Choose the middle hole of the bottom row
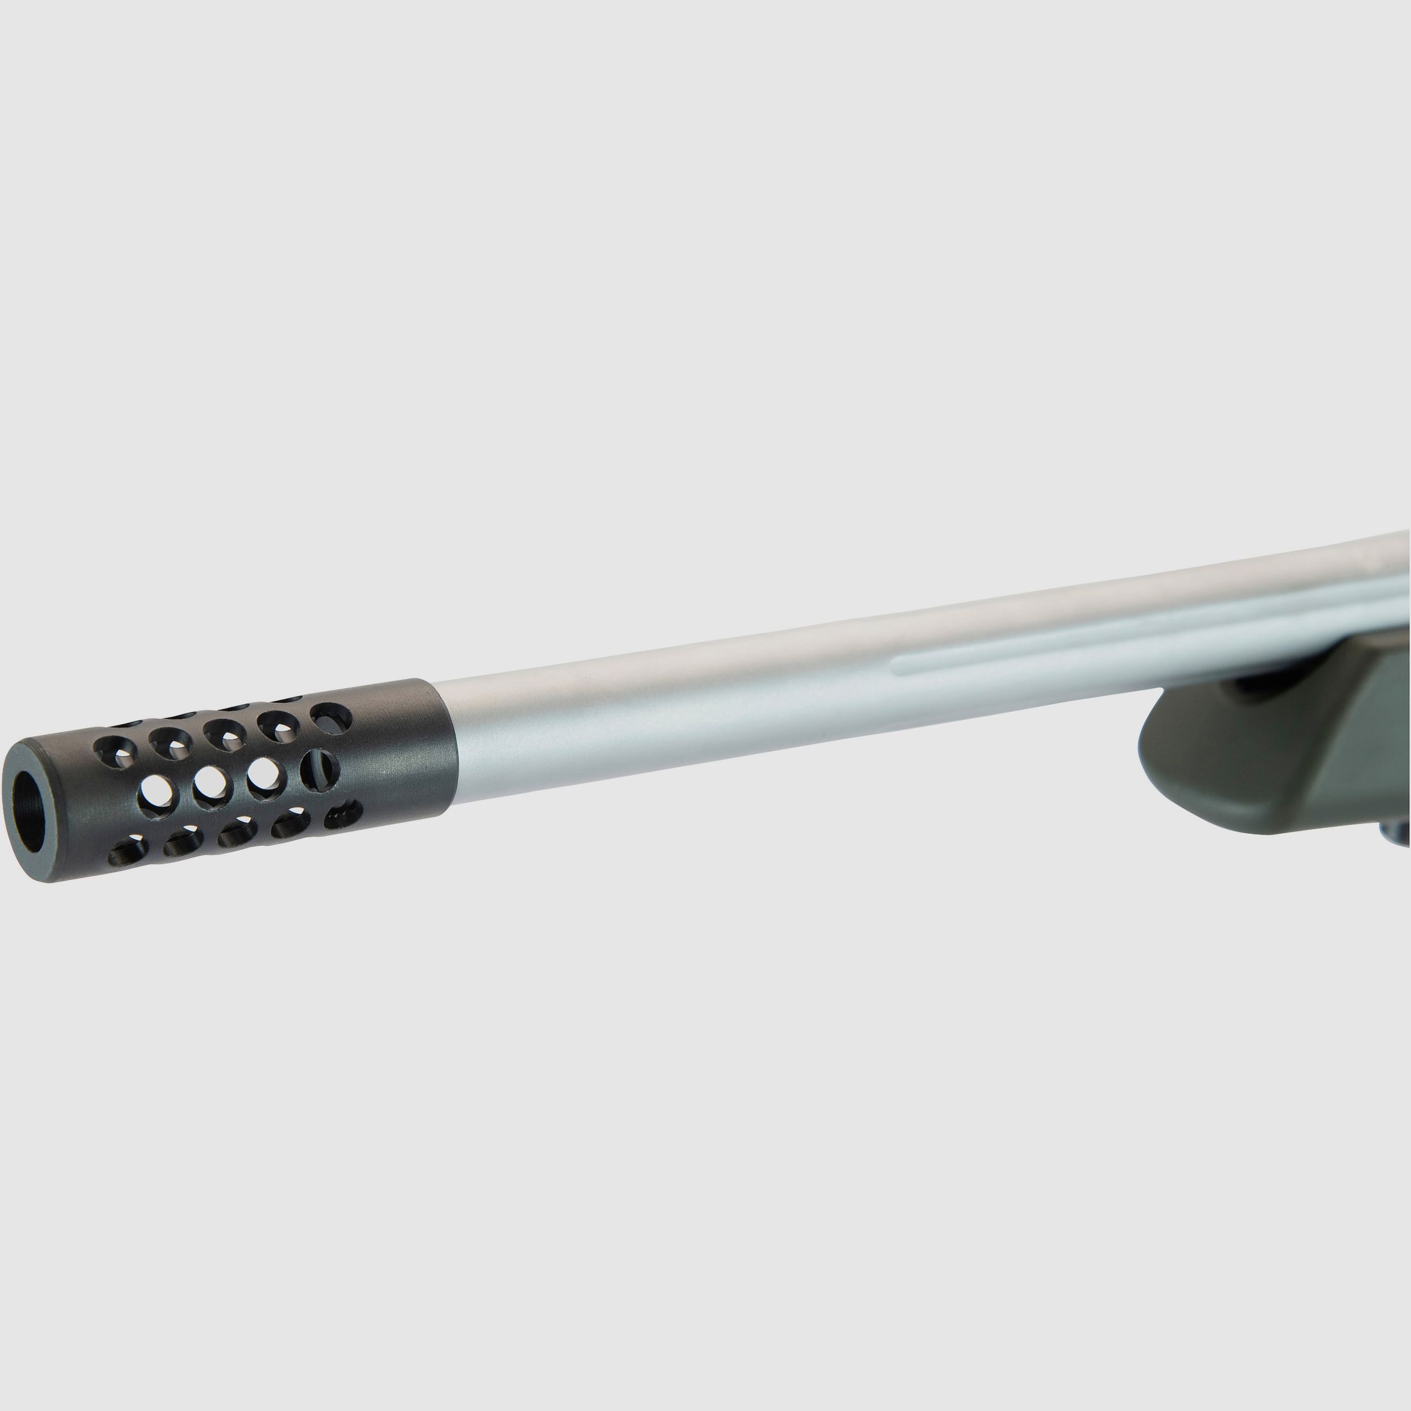[237, 832]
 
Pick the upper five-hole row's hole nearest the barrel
[331, 717]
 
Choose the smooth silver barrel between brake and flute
[657, 701]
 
